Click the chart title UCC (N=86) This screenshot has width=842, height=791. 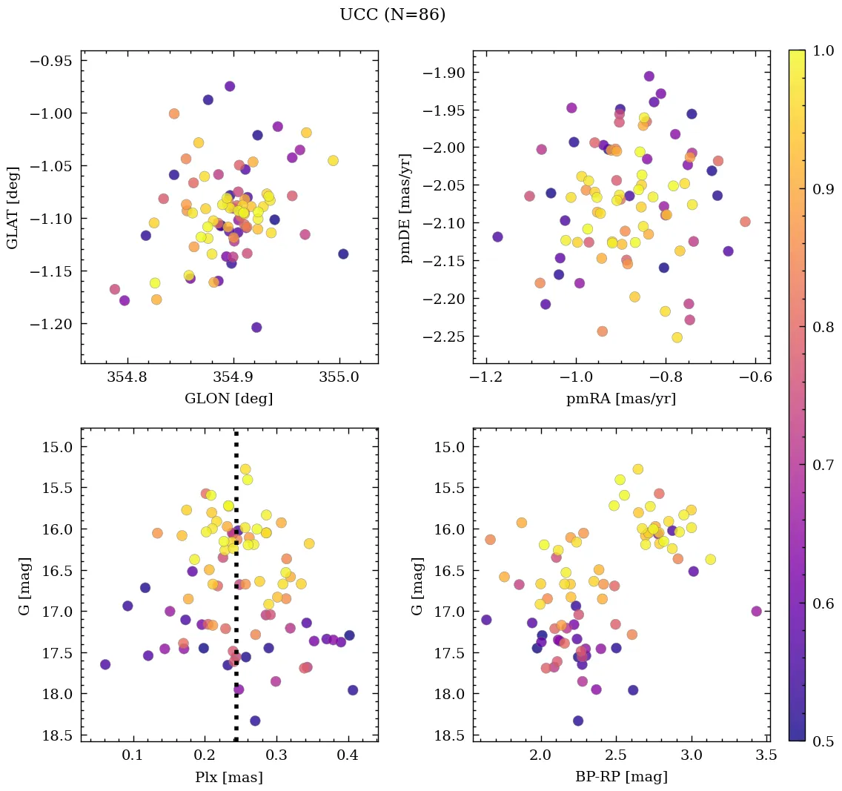pos(392,15)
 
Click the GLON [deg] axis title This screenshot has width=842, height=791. pos(228,399)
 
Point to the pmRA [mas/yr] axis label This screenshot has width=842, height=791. pos(621,399)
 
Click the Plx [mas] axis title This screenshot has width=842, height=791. pos(228,777)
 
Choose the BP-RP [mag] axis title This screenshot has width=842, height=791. pos(621,777)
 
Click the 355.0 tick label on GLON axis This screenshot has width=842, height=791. pos(339,377)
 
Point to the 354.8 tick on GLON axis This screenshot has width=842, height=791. pos(128,377)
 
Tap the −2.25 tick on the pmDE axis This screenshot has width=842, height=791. pos(443,337)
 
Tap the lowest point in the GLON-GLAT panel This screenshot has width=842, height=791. pos(256,328)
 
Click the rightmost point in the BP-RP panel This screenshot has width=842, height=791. pos(756,612)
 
